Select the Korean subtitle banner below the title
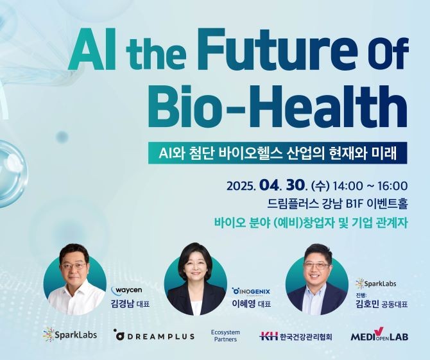[277, 153]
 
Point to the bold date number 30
[295, 185]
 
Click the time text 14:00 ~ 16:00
[370, 186]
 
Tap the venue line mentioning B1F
[338, 203]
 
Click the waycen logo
[126, 290]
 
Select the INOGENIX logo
[251, 292]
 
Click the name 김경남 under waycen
[121, 304]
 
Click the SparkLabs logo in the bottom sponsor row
[70, 334]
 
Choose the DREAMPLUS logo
[155, 336]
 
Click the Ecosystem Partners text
[225, 336]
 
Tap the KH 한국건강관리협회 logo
[296, 336]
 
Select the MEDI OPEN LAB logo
[379, 334]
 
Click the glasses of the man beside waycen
[74, 266]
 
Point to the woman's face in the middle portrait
[195, 266]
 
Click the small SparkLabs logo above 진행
[375, 284]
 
